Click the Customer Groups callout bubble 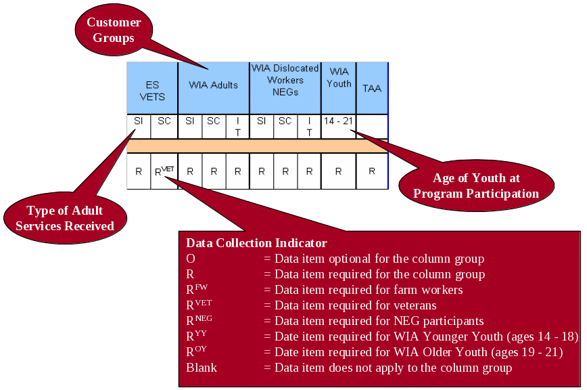[114, 30]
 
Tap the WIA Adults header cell [213, 85]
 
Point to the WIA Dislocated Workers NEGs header [285, 80]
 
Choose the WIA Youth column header [339, 77]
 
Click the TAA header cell [372, 89]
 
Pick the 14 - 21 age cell [338, 121]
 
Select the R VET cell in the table [164, 171]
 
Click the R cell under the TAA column [372, 171]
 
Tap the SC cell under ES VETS [164, 121]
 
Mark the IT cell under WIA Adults [237, 127]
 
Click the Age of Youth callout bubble [476, 186]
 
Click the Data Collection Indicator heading [256, 243]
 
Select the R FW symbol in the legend [196, 289]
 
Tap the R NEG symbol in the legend [199, 320]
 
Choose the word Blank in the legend [202, 368]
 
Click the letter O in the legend [190, 259]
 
